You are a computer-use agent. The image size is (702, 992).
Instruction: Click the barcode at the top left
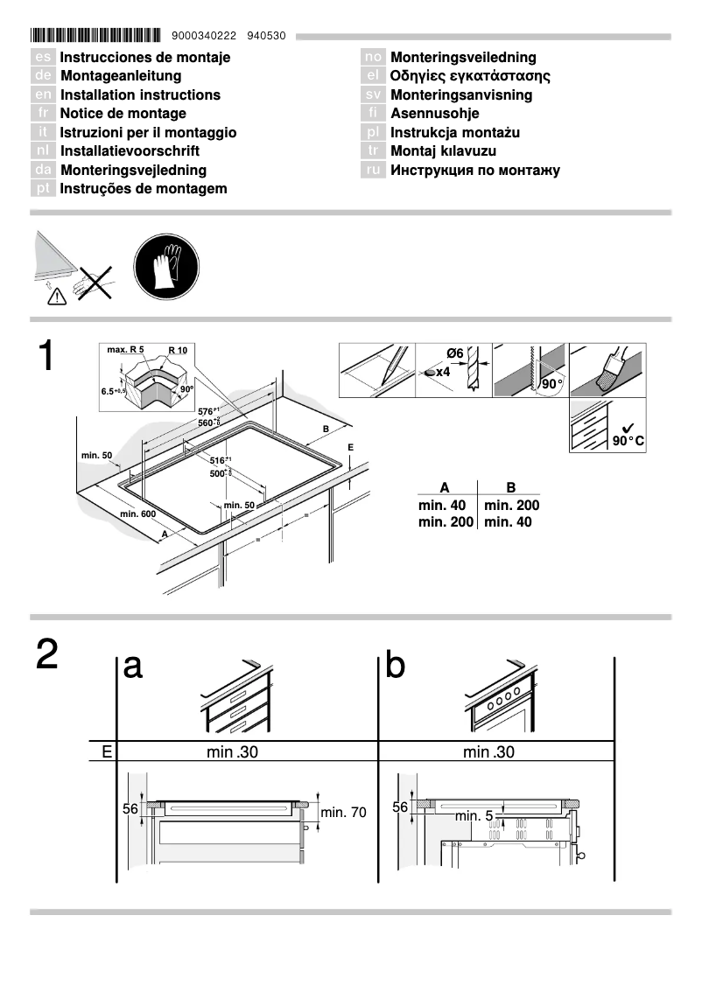96,36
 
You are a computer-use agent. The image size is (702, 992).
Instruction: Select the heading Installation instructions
140,94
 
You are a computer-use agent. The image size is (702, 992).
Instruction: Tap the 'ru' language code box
374,171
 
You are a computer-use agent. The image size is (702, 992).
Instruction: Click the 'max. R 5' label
125,350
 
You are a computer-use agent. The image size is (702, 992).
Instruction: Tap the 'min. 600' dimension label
137,513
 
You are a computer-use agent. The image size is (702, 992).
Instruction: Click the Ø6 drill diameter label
454,353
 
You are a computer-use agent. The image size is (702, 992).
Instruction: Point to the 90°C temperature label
628,441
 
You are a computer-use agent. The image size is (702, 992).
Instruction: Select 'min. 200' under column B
511,506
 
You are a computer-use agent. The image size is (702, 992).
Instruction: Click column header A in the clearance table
445,488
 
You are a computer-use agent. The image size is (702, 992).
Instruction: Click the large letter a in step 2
133,667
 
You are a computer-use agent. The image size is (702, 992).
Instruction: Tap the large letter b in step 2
396,667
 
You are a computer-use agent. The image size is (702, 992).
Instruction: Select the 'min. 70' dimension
343,813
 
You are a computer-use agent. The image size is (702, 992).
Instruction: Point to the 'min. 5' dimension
474,816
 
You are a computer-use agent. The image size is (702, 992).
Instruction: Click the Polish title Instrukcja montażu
455,133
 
